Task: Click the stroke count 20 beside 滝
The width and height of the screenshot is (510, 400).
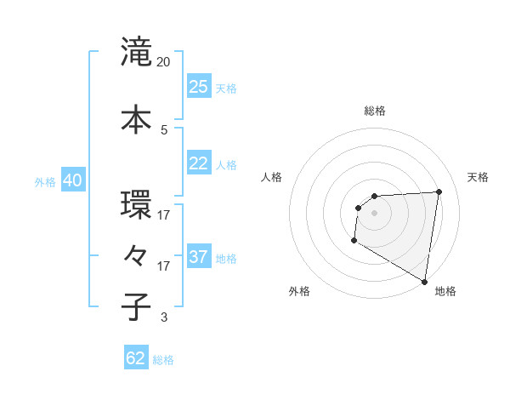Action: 164,62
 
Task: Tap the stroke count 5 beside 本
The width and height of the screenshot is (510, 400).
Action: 164,129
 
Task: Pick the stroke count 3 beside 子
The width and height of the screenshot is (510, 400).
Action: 164,317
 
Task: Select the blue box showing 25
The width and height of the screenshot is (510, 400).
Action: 199,87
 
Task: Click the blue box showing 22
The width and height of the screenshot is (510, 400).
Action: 199,163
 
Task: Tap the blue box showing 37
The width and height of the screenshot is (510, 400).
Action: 199,256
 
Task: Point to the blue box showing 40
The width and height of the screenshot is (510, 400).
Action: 72,180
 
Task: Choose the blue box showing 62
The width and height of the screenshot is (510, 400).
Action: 136,358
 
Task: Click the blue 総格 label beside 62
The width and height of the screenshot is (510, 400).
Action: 163,359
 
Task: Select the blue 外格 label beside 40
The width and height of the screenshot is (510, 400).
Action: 45,181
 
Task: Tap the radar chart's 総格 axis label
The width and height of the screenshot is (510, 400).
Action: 375,111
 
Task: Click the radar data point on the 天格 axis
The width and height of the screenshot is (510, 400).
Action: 439,191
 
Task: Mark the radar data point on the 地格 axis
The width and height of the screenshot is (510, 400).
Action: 424,281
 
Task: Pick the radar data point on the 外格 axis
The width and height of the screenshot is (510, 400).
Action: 354,241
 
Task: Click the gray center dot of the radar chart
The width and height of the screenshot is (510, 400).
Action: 375,213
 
